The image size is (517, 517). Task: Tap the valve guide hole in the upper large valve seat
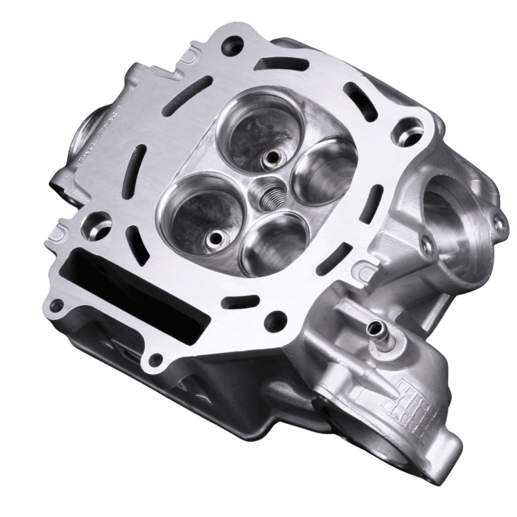coord(272,158)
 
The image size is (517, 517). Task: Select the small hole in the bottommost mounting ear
coord(156,359)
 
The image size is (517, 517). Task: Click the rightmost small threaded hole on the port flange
coord(499,224)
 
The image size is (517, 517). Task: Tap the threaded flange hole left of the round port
coord(427,246)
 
